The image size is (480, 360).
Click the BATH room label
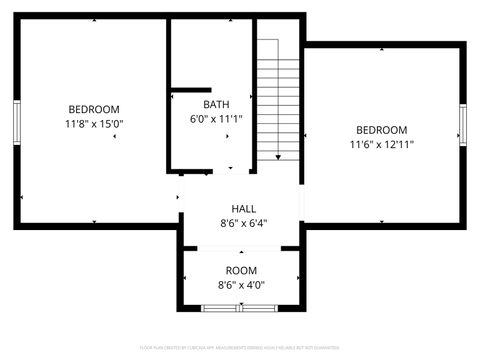pyautogui.click(x=216, y=104)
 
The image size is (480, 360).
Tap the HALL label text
pyautogui.click(x=243, y=209)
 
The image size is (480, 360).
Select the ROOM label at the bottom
pyautogui.click(x=241, y=271)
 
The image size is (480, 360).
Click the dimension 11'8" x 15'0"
pyautogui.click(x=94, y=124)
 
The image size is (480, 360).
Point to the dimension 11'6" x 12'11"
pyautogui.click(x=382, y=145)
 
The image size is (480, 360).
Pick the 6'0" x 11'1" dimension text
pyautogui.click(x=217, y=119)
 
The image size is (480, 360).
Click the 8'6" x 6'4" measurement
pyautogui.click(x=243, y=224)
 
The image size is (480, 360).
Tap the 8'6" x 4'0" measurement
pyautogui.click(x=241, y=285)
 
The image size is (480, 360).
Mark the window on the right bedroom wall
pyautogui.click(x=463, y=126)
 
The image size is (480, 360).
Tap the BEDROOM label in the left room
pyautogui.click(x=94, y=109)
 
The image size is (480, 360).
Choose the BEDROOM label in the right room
pyautogui.click(x=382, y=130)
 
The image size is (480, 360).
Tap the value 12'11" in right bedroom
pyautogui.click(x=399, y=145)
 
